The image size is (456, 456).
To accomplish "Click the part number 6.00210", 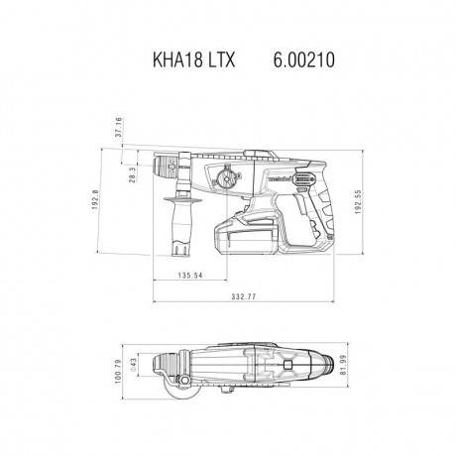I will click(301, 59).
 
